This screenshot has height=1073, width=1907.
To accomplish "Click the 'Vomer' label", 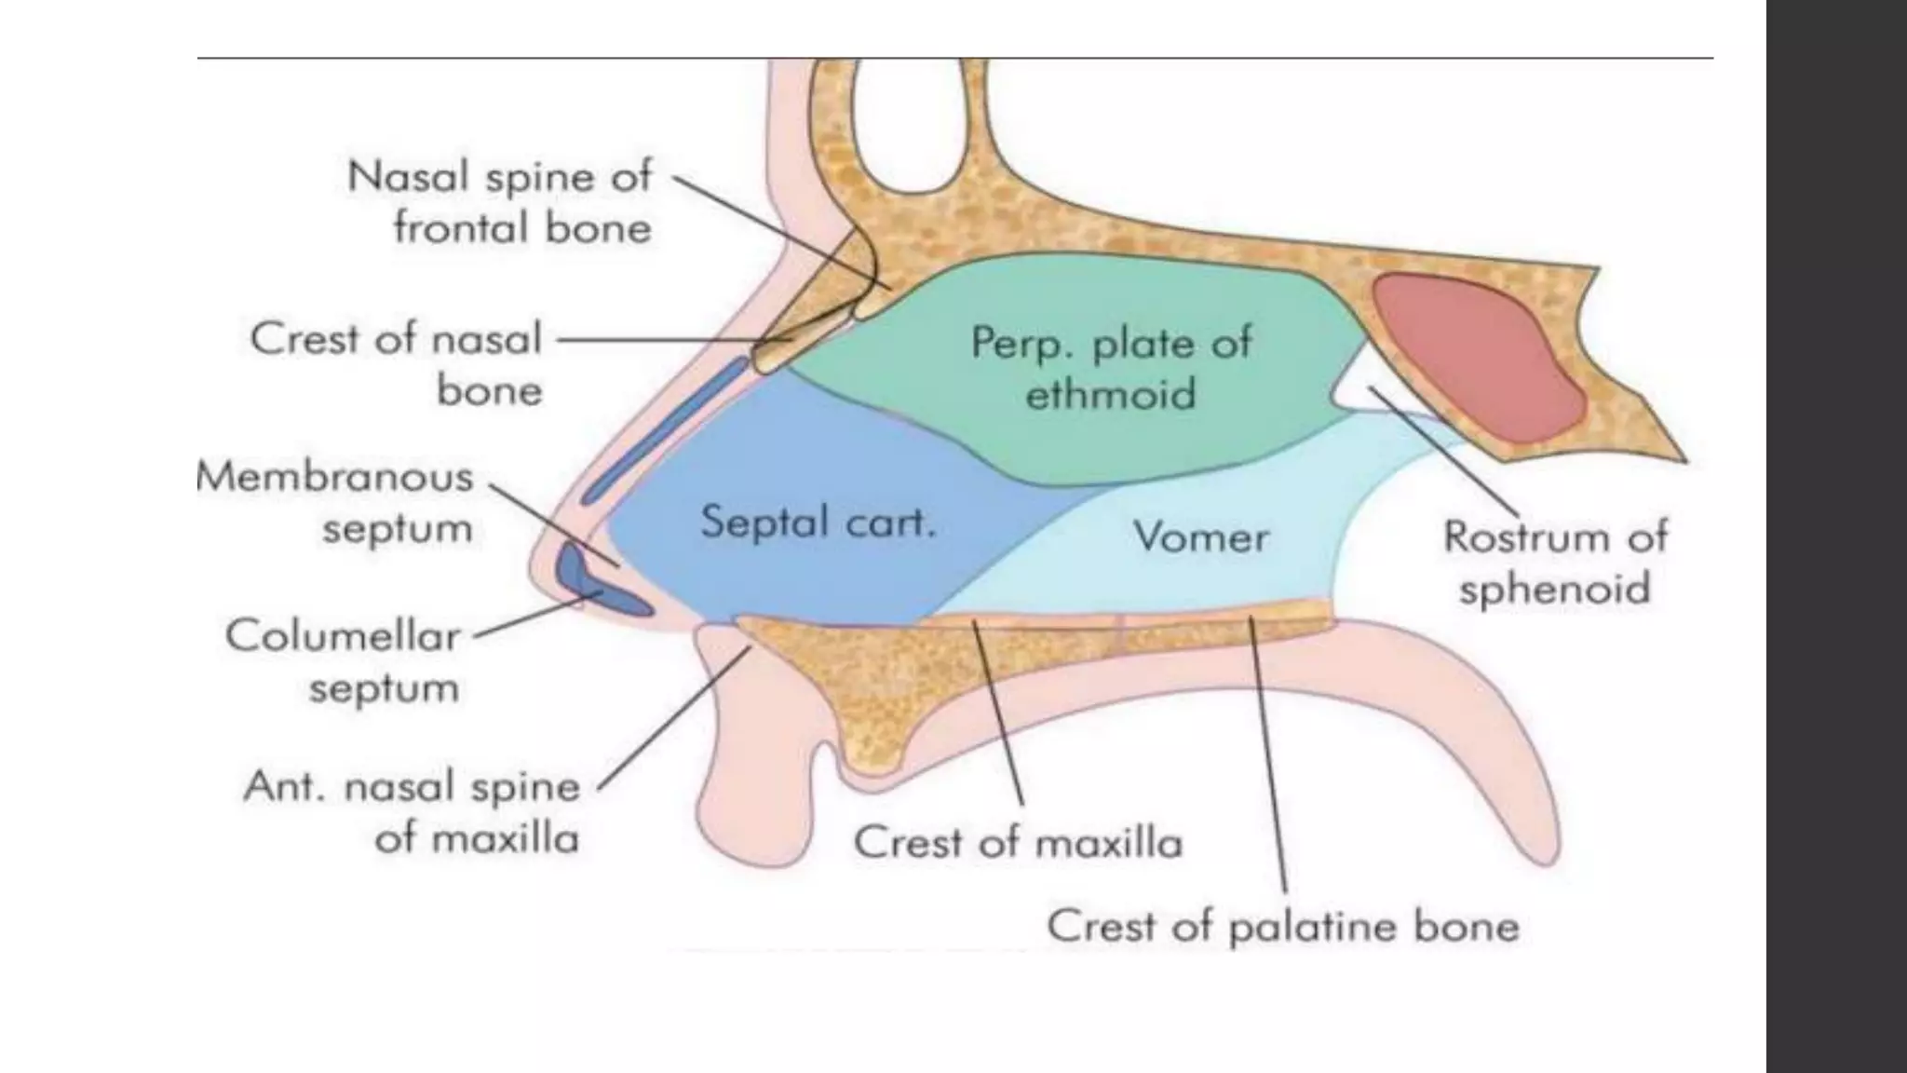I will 1200,537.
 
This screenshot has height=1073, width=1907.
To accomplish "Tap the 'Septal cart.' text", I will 818,522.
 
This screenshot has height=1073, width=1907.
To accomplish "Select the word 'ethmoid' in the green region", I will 1110,393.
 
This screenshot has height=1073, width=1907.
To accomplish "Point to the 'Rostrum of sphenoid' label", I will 1554,563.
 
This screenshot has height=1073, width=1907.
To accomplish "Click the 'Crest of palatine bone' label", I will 1282,927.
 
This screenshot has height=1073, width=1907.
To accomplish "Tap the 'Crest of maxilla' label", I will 1018,843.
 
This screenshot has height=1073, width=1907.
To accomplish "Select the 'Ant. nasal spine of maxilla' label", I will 412,812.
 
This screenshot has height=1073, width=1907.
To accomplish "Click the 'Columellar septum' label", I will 343,661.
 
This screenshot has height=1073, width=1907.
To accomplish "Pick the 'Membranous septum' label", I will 335,502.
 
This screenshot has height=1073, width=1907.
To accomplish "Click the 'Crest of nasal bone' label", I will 396,364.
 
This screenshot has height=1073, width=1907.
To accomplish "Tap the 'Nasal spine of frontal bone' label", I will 499,202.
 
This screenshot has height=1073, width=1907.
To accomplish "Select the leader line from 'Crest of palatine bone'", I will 1268,754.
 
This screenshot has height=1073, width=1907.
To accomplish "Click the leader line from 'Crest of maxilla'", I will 999,717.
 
